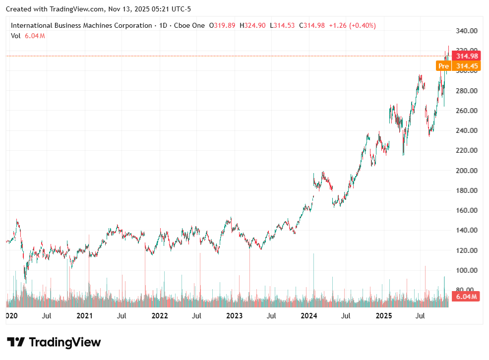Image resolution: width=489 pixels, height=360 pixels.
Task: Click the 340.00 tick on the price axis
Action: (467, 31)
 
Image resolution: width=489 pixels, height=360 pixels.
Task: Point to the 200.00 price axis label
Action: (467, 171)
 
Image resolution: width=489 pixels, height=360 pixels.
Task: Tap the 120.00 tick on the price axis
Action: (467, 250)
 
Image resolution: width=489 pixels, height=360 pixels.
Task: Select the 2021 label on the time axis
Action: (85, 315)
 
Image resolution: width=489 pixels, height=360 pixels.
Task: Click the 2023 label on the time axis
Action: (234, 315)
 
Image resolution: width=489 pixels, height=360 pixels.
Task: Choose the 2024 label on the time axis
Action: (309, 315)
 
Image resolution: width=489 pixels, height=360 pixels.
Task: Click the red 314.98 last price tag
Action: (467, 56)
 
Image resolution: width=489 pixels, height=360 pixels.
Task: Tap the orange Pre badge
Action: (443, 66)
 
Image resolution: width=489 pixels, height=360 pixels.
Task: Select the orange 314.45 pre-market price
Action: (467, 66)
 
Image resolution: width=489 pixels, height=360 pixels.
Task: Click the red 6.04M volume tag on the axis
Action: (467, 297)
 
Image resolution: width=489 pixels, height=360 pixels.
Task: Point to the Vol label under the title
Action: (15, 36)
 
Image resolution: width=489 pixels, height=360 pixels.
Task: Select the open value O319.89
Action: (222, 25)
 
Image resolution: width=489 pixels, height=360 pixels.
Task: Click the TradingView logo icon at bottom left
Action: (15, 342)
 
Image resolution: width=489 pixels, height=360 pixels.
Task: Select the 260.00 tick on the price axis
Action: (467, 111)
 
